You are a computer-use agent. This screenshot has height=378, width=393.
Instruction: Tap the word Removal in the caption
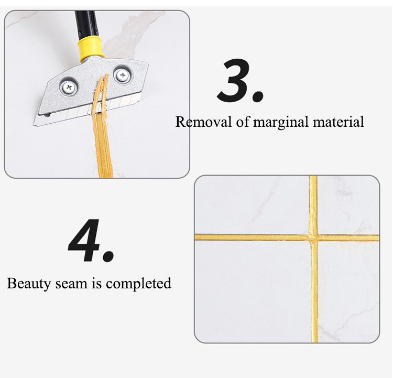coord(203,122)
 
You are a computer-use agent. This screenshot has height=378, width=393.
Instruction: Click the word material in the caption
coord(338,122)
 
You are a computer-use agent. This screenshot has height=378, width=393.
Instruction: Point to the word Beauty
coord(29,284)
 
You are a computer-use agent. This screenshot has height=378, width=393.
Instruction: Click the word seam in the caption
coord(71,284)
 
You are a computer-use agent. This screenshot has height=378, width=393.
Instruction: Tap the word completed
coord(138,284)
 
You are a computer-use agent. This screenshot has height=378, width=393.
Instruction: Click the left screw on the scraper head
coord(69,87)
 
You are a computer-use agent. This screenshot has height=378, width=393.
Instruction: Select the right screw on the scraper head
coord(123,74)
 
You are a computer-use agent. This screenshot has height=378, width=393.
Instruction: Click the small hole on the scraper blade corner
coord(47,115)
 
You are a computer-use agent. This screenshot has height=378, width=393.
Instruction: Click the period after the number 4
coord(108,256)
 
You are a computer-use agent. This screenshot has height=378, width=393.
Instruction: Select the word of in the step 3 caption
coord(243,122)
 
